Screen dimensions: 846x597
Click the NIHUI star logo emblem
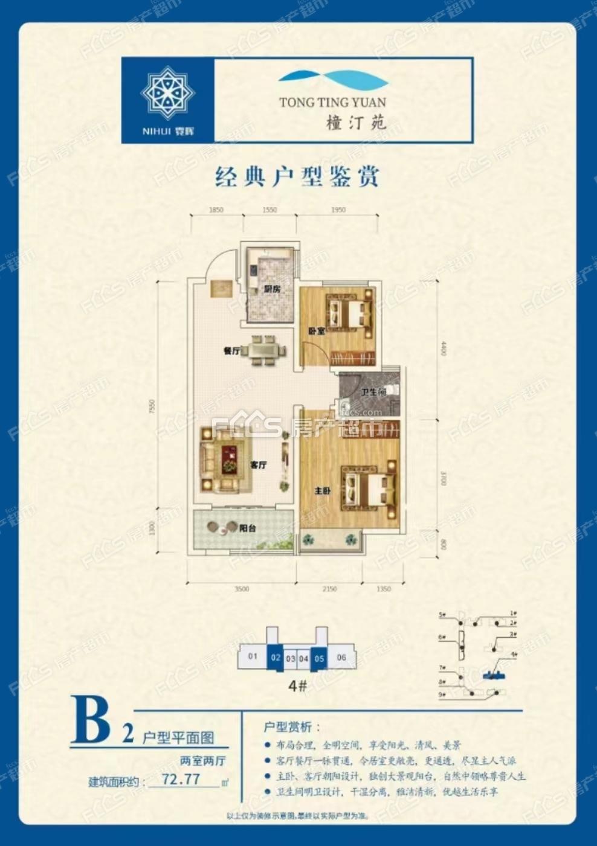pos(167,93)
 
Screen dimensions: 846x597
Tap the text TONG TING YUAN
pos(332,103)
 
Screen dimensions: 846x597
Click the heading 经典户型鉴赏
pos(297,177)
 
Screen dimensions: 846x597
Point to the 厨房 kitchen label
pos(272,289)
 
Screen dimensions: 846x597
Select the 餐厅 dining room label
pos(232,350)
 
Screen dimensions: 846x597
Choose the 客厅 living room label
pos(259,465)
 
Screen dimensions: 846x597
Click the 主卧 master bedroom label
pos(322,491)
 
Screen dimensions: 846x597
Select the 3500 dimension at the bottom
pos(242,589)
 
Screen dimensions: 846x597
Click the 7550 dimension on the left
pos(153,405)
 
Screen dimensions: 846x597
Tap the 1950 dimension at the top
pos(338,210)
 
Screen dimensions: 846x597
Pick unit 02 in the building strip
pos(276,657)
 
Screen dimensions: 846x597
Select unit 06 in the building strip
pos(341,657)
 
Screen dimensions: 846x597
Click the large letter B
pos(91,720)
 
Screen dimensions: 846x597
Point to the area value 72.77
pos(181,779)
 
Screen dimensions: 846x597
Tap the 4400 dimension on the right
pos(443,349)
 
